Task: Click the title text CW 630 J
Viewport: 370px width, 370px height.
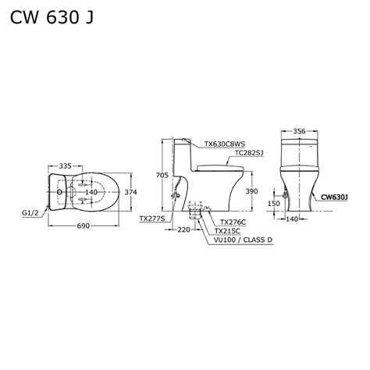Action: point(52,18)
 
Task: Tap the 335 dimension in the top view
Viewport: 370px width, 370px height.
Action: point(65,165)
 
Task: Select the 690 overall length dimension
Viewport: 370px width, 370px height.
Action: point(84,226)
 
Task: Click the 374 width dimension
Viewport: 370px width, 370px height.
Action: point(130,192)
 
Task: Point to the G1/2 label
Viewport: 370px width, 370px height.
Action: point(30,213)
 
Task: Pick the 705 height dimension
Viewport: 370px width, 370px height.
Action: point(162,176)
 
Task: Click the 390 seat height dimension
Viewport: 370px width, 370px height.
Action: point(251,191)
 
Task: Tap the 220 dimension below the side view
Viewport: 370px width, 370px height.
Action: point(184,229)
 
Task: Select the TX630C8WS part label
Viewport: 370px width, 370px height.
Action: point(224,144)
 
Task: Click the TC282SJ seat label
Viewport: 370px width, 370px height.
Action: point(249,153)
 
